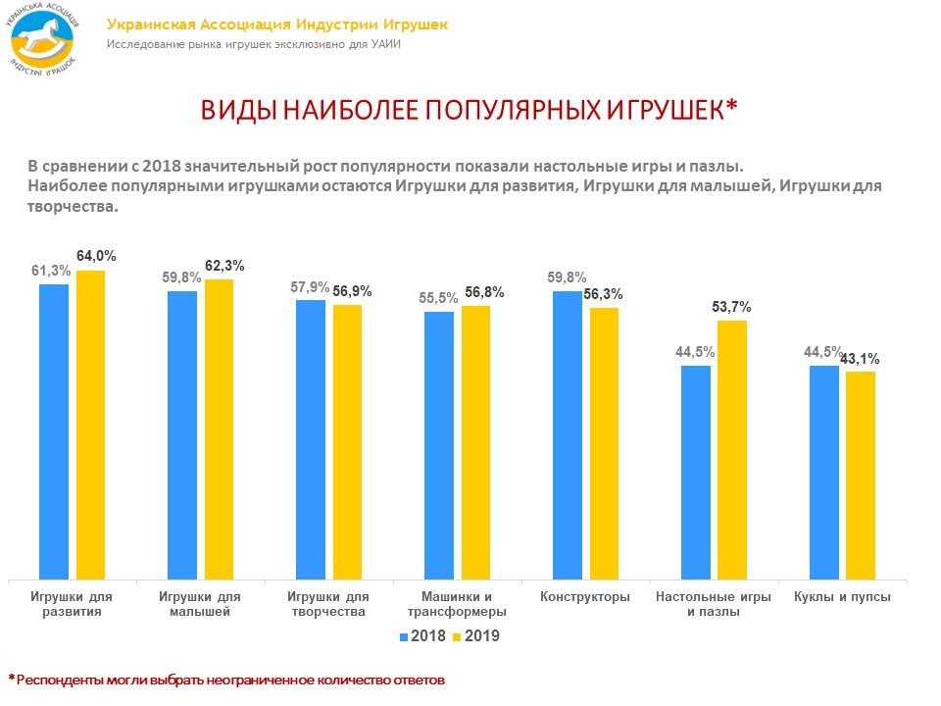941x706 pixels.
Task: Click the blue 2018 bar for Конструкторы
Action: (x=567, y=435)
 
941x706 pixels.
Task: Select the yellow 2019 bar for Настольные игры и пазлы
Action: (x=732, y=451)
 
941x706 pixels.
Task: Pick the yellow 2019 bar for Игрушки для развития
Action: (x=91, y=426)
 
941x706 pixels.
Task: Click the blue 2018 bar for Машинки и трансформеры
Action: (x=439, y=446)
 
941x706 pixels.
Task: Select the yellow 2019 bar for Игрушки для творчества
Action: (x=348, y=442)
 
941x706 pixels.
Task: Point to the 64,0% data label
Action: (x=96, y=256)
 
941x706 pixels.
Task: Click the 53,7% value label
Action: (x=731, y=307)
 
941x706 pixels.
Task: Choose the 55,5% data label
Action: (x=438, y=298)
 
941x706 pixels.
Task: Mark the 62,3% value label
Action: (x=224, y=266)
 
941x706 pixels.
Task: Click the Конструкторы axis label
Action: (x=584, y=596)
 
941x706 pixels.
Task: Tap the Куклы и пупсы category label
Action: (x=841, y=596)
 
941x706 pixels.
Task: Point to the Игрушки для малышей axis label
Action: (x=199, y=604)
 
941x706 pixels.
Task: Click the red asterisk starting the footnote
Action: (x=13, y=677)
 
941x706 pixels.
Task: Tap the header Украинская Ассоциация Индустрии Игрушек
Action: (x=277, y=25)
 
